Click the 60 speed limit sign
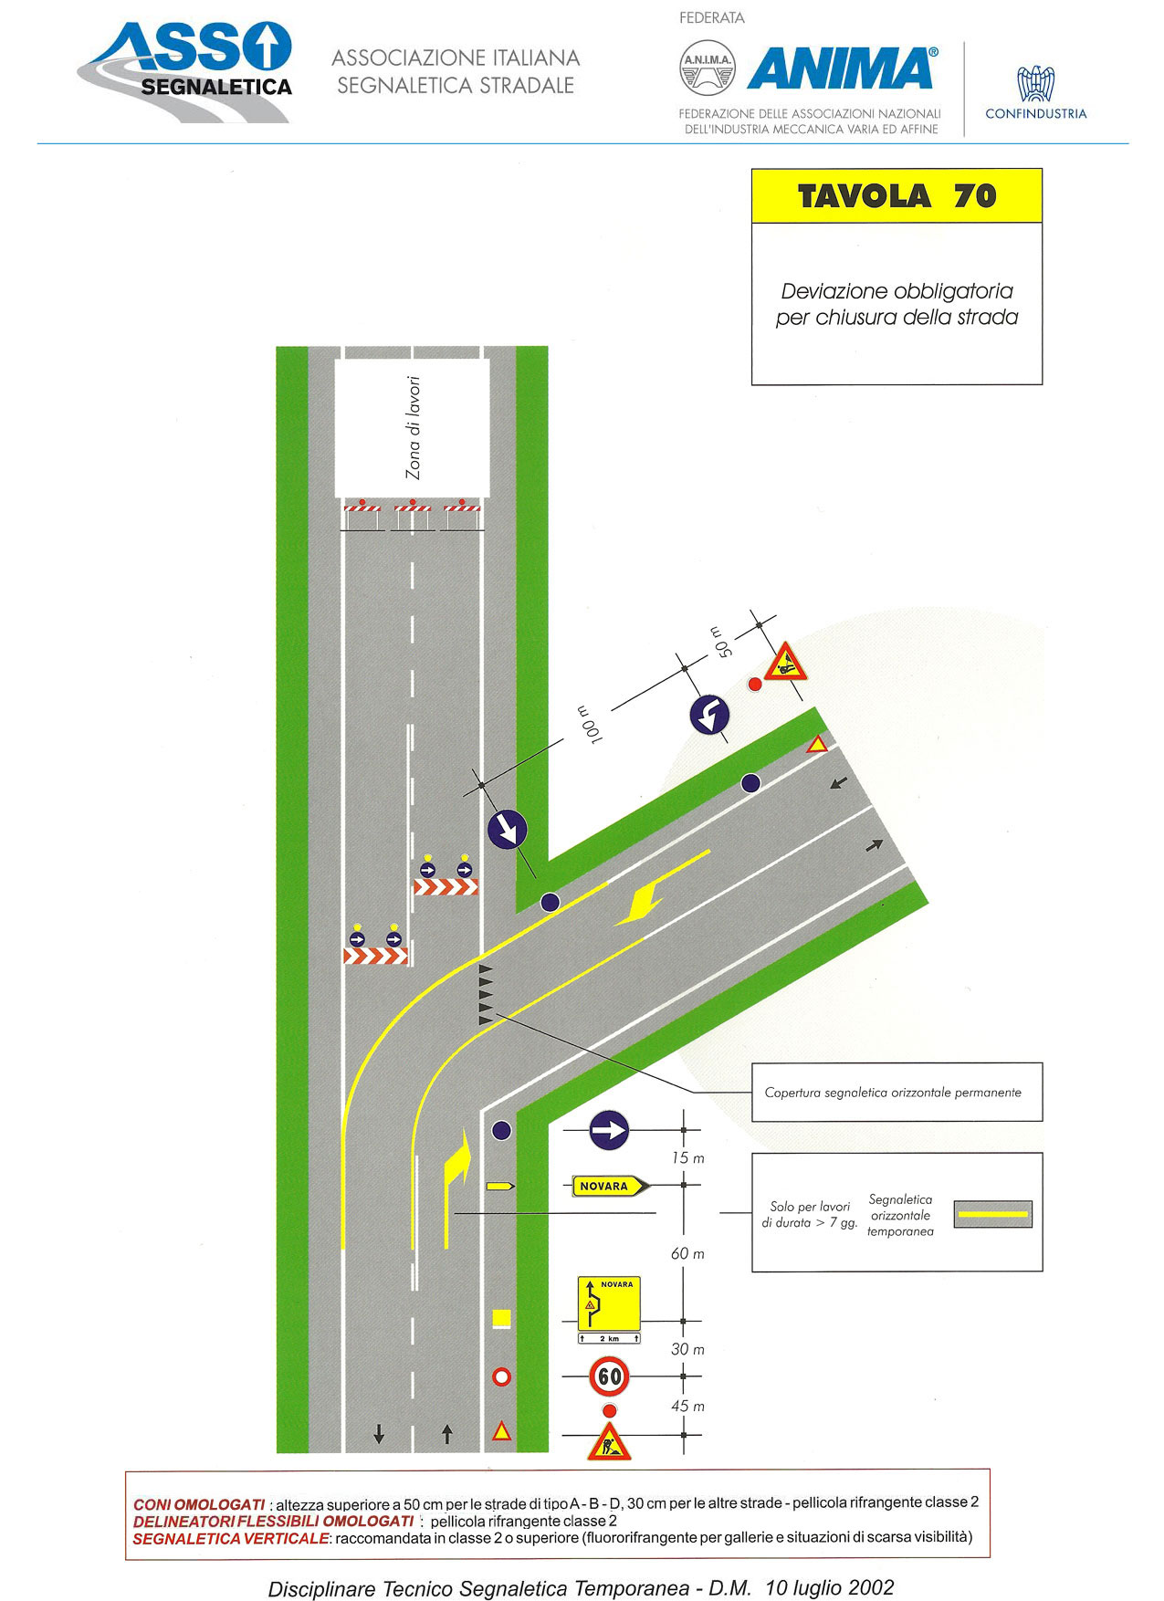coord(610,1376)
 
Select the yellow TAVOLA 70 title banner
coord(897,196)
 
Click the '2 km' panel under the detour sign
coord(609,1338)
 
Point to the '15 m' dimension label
coord(687,1158)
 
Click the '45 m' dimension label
coord(687,1407)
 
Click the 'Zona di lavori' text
coord(414,428)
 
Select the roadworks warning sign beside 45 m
coord(609,1443)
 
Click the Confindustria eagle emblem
coord(1036,84)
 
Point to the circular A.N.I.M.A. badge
coord(708,68)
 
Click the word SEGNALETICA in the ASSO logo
coord(216,87)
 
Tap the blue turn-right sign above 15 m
coord(609,1131)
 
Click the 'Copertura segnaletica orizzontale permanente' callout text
coord(893,1093)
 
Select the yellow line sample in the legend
coord(993,1214)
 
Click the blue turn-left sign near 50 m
coord(709,715)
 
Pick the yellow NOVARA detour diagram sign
coord(609,1303)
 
